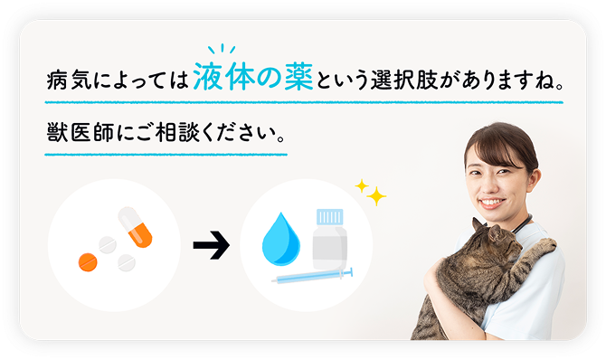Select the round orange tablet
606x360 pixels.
pos(88,261)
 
